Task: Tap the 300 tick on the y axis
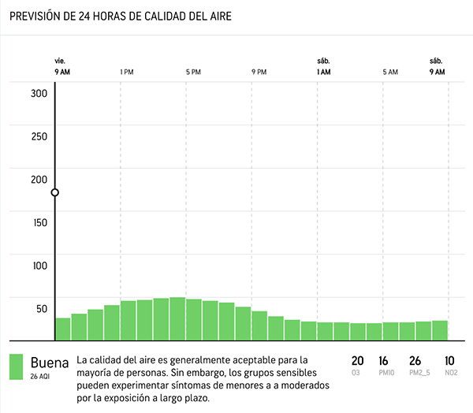click(39, 93)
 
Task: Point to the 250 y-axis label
click(39, 136)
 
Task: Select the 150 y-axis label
click(39, 222)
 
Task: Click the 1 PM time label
click(126, 73)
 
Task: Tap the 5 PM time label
click(192, 73)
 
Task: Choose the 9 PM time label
click(259, 73)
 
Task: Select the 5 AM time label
click(390, 73)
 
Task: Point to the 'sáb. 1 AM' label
click(323, 67)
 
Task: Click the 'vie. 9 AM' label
click(62, 67)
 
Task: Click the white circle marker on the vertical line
click(55, 192)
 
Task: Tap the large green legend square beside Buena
click(16, 366)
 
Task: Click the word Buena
click(50, 363)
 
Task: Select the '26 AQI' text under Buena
click(41, 377)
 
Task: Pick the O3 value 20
click(357, 360)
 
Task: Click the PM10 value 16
click(384, 360)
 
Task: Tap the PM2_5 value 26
click(415, 360)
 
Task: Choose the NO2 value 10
click(449, 360)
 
